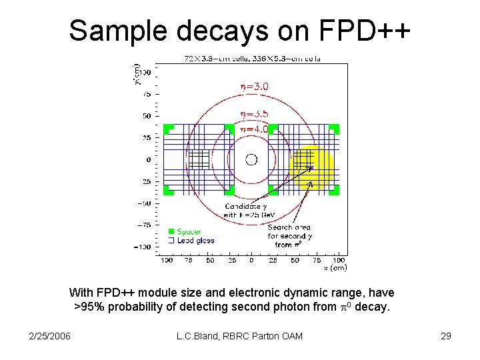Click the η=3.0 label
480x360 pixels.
pos(255,86)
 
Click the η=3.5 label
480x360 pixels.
pos(255,114)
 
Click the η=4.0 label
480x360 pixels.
pos(255,129)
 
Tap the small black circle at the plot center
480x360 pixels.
pos(251,159)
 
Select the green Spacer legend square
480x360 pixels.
pos(171,231)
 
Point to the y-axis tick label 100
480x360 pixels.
pos(143,71)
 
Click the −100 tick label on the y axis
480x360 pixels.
pos(142,247)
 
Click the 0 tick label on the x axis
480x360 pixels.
pos(251,260)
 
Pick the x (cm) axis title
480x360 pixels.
pos(335,267)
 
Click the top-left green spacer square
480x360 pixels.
pos(168,129)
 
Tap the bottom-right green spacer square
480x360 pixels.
pos(334,190)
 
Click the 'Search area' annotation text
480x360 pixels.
pos(289,227)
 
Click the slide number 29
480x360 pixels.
pos(446,336)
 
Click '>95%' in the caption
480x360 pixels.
pos(87,307)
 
